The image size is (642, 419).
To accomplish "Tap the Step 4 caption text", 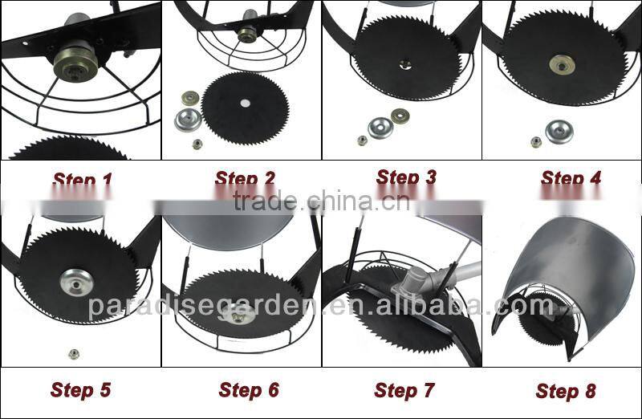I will pyautogui.click(x=571, y=178).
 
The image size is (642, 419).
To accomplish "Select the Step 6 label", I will pyautogui.click(x=249, y=391).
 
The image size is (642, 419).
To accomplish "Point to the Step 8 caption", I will pyautogui.click(x=566, y=392).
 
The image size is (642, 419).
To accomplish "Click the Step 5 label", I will pyautogui.click(x=81, y=391).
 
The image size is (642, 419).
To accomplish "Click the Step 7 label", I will pyautogui.click(x=404, y=391).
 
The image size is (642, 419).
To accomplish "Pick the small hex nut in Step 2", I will pyautogui.click(x=197, y=144).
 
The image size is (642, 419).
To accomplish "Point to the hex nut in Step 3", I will pyautogui.click(x=362, y=140).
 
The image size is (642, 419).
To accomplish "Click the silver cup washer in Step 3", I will pyautogui.click(x=380, y=127).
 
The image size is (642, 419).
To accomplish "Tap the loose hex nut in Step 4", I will pyautogui.click(x=535, y=142).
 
